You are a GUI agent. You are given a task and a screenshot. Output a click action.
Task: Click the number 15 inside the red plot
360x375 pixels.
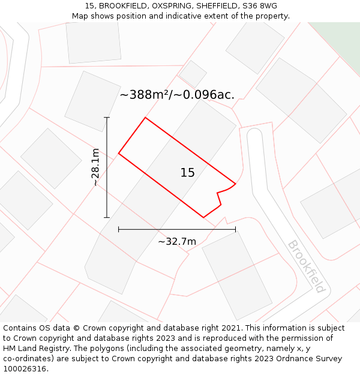(187, 173)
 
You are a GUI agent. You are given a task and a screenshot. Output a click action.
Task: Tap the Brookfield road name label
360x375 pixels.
(307, 266)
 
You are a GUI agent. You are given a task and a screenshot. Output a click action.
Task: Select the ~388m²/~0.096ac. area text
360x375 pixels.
(177, 95)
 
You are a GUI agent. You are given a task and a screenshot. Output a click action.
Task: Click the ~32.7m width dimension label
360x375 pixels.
(177, 242)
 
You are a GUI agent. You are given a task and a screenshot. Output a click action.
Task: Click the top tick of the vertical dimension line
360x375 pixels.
(107, 118)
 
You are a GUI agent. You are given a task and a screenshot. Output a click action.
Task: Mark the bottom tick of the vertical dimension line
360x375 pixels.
(107, 217)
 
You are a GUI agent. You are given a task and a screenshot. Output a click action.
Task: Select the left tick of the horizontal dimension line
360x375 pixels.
(119, 229)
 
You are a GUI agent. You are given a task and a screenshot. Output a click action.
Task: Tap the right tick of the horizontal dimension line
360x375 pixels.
(235, 229)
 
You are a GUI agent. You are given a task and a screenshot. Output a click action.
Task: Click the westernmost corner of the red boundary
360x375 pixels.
(119, 154)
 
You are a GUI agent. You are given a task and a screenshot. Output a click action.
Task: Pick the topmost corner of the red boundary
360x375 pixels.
(145, 118)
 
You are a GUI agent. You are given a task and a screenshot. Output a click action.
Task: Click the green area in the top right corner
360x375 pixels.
(339, 36)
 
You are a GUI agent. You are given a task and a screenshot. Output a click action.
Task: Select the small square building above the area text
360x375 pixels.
(193, 73)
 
